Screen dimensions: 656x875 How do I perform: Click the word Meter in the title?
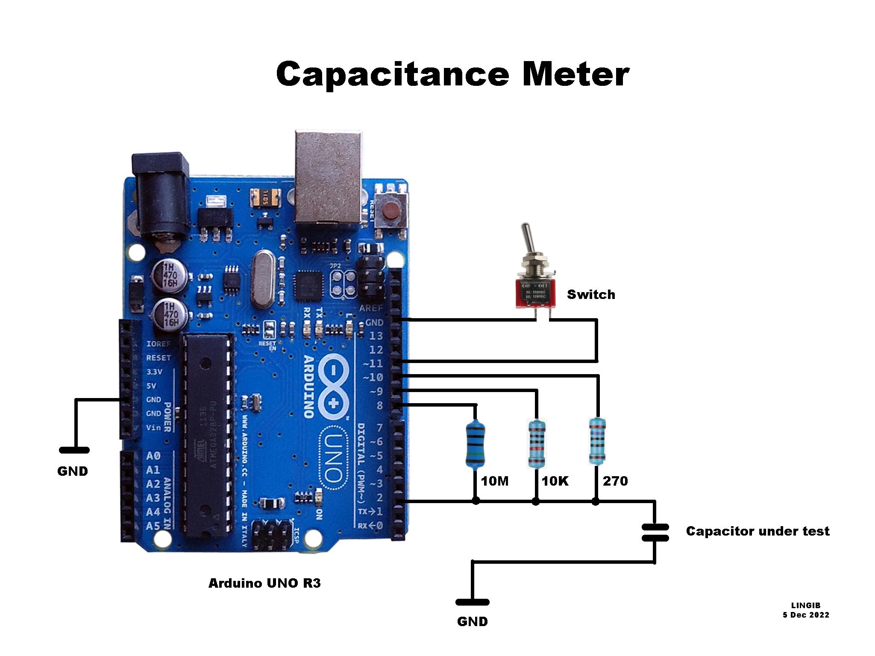click(x=575, y=74)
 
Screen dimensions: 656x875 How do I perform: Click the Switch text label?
click(x=591, y=295)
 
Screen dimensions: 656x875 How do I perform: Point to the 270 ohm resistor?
click(x=597, y=441)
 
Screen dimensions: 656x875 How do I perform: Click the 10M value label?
click(x=495, y=481)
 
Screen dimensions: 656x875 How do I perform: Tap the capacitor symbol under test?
click(x=655, y=533)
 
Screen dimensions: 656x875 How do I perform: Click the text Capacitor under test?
click(x=758, y=531)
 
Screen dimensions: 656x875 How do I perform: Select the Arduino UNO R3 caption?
click(x=264, y=583)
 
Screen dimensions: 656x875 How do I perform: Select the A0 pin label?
click(x=153, y=456)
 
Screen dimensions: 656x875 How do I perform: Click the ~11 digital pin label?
click(x=373, y=364)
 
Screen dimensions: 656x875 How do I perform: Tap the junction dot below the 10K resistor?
click(x=536, y=501)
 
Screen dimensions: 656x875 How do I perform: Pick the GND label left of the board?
click(x=73, y=471)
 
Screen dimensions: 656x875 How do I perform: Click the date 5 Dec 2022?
click(x=806, y=615)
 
